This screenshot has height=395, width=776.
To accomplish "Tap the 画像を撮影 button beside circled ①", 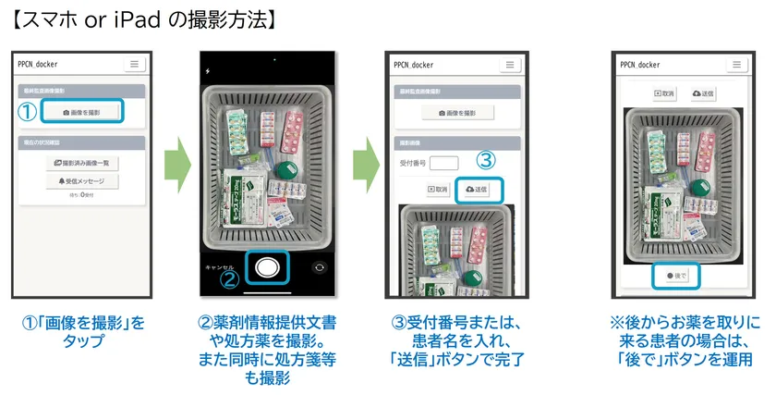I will [83, 112].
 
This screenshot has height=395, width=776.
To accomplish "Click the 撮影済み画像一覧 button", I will [83, 163].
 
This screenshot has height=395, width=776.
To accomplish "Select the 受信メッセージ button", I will [83, 181].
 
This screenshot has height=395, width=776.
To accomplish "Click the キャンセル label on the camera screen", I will [219, 265].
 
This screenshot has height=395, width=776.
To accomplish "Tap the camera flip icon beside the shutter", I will [320, 266].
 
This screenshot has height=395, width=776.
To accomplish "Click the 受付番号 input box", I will [444, 163].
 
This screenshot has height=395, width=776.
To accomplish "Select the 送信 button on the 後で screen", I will [703, 93].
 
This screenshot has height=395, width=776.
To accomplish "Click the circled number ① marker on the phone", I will [29, 112].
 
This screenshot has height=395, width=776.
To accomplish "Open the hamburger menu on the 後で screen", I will [735, 65].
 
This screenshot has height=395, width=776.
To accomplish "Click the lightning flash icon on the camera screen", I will [208, 70].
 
